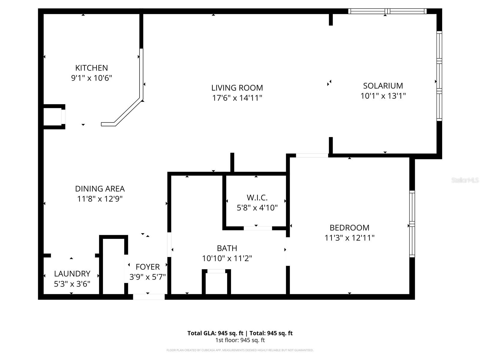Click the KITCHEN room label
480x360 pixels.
click(91, 68)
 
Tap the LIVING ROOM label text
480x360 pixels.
click(237, 88)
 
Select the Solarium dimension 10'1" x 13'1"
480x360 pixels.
click(383, 96)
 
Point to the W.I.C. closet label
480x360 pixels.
click(257, 198)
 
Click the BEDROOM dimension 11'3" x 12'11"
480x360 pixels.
click(349, 238)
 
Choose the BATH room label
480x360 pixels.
click(227, 248)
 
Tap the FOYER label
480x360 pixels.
click(148, 267)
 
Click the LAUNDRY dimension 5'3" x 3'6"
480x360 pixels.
click(72, 284)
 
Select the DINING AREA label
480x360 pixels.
click(100, 189)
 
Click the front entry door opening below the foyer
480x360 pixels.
click(149, 297)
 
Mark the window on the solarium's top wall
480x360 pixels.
click(387, 11)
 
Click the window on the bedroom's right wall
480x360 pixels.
click(412, 224)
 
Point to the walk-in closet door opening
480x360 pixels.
click(258, 228)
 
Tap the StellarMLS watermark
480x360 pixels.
click(465, 180)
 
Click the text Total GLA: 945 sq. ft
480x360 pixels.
click(215, 333)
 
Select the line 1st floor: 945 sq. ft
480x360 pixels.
click(240, 340)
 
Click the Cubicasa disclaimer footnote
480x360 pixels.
click(240, 350)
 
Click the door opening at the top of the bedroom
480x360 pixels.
click(312, 155)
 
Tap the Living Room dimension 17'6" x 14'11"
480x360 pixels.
click(237, 98)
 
